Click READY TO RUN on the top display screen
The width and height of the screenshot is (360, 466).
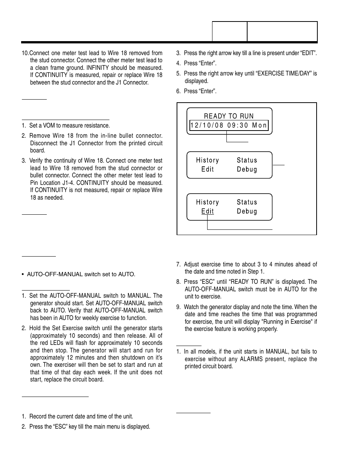(229, 116)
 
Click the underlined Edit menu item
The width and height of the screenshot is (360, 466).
(208, 211)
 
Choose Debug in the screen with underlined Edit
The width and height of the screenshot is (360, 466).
(247, 211)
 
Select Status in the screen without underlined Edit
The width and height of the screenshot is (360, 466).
(247, 160)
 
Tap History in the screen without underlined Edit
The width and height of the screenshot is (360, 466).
(207, 160)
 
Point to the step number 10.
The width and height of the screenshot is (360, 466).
(25, 53)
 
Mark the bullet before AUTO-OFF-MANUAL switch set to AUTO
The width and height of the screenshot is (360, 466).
(23, 274)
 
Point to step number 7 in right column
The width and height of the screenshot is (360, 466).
(178, 265)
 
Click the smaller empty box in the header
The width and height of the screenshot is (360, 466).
(229, 31)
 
